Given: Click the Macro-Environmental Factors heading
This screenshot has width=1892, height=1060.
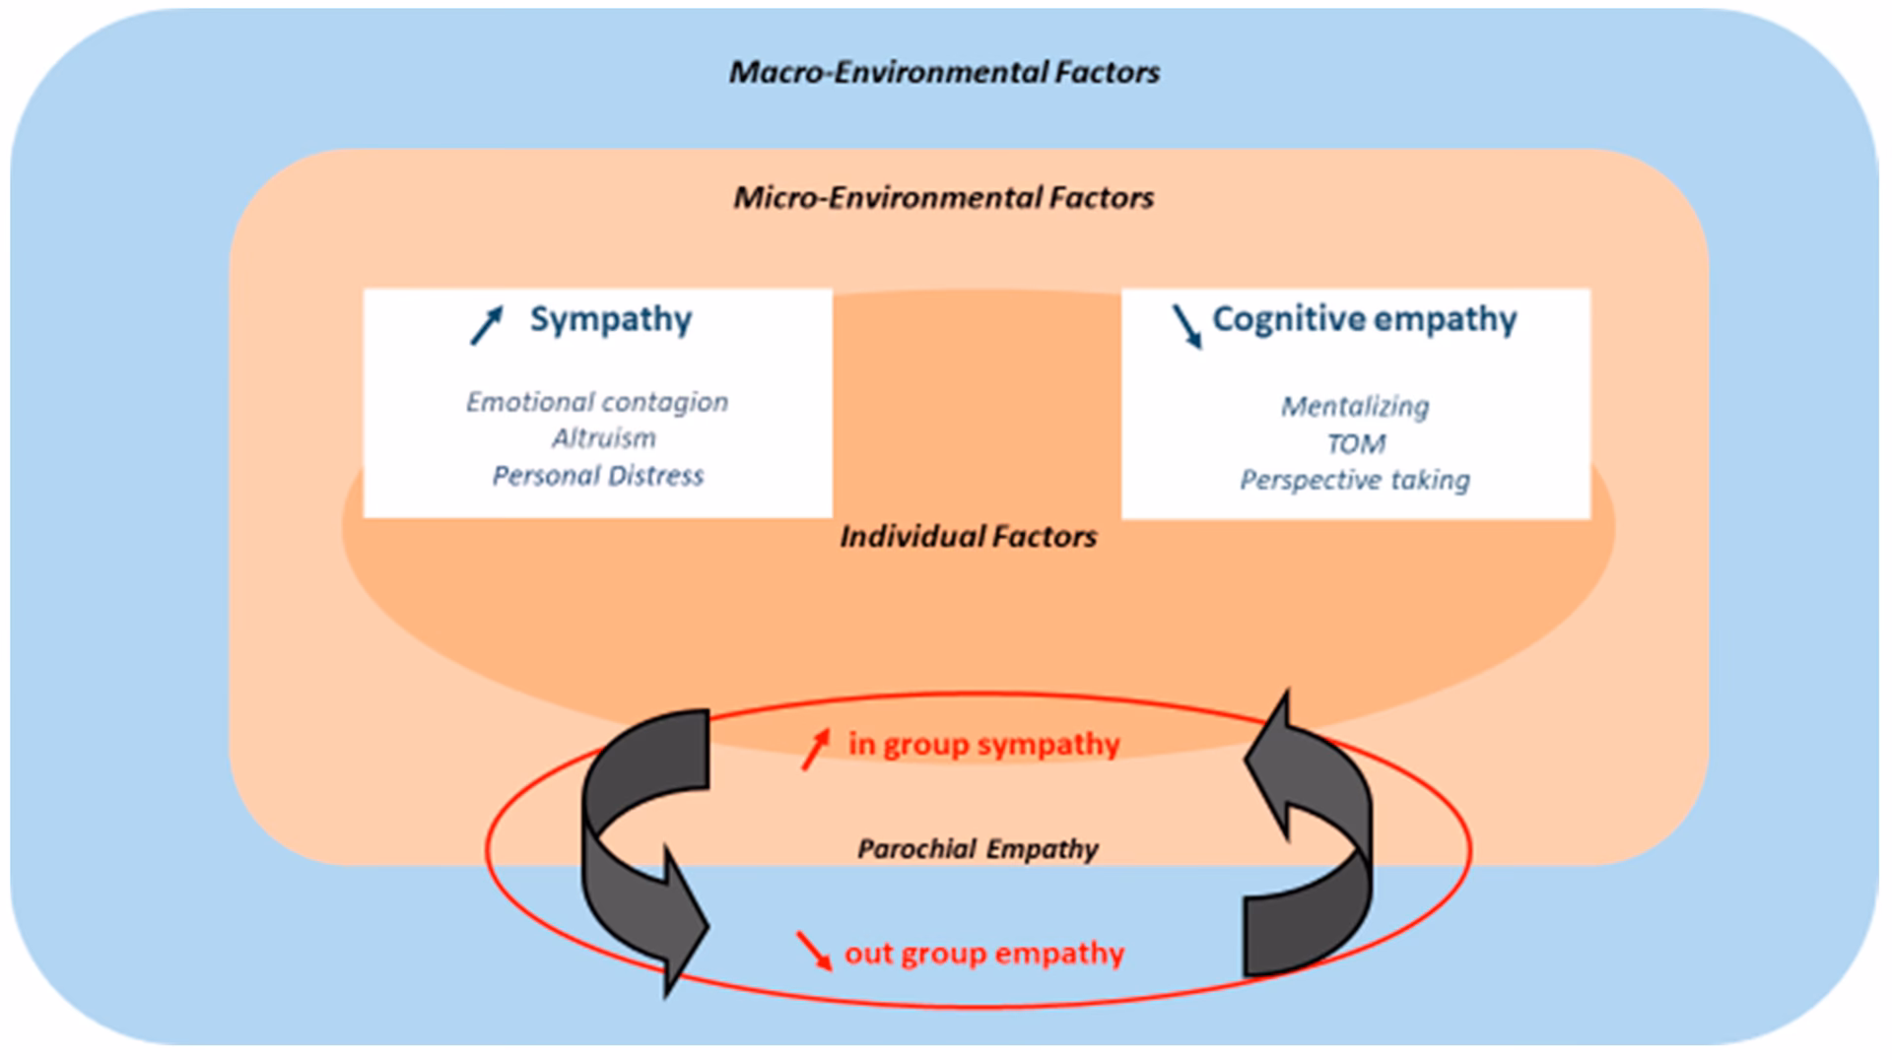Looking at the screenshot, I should point(944,73).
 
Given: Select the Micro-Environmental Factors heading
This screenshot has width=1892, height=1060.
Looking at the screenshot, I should point(943,198).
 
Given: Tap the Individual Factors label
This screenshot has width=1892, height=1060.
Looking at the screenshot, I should point(968,537).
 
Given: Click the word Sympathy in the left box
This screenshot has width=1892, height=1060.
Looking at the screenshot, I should point(611,319).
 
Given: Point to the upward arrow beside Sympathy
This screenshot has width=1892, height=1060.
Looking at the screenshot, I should point(487,324).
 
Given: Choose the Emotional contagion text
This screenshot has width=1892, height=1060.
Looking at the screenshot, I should point(597,402).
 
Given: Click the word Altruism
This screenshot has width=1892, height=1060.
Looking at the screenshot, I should point(603,438).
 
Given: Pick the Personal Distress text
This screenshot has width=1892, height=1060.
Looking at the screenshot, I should point(598,476).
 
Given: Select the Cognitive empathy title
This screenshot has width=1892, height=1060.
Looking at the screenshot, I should point(1364,319).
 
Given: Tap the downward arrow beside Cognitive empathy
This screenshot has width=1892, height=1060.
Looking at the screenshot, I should point(1186,326).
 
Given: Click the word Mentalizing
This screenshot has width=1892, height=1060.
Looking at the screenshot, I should point(1355,406).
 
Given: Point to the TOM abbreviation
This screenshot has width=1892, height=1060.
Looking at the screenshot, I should point(1356,444).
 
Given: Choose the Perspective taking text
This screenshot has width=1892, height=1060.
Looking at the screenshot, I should point(1355,480).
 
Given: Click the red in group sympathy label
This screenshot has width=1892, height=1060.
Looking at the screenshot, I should point(983,744).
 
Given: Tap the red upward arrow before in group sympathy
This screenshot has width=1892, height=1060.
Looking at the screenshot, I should point(815,750).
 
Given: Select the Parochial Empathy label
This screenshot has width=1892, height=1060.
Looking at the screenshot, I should point(978,849).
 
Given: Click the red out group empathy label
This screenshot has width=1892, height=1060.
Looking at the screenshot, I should point(983,954).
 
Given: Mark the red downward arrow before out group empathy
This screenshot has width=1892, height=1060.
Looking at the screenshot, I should point(814,951).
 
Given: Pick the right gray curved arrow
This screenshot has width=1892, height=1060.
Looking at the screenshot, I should point(1316,837).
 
